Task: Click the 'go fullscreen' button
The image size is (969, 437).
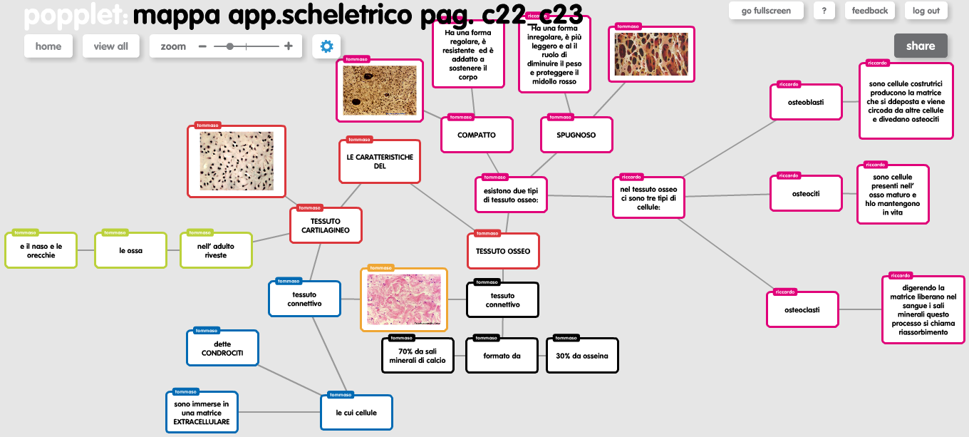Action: click(766, 11)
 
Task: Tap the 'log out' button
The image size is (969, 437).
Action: click(926, 11)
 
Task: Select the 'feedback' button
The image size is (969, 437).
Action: click(870, 11)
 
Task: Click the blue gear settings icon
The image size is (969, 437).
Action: click(326, 46)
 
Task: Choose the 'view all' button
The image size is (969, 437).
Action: click(110, 46)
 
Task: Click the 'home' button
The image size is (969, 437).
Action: click(48, 46)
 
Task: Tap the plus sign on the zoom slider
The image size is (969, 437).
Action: click(289, 46)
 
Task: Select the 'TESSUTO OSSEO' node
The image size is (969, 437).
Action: click(503, 251)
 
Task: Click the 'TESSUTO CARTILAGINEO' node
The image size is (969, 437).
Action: click(326, 226)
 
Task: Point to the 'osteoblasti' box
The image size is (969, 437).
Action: click(805, 102)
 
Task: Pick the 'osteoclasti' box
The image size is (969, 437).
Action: click(802, 309)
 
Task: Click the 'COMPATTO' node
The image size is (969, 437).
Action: click(477, 135)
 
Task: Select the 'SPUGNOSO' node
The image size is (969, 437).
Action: click(576, 135)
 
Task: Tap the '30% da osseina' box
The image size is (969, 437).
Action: click(582, 356)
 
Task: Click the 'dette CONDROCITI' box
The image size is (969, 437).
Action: click(222, 348)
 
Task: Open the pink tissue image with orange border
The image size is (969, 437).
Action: click(404, 299)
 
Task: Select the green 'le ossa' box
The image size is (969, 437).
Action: click(130, 250)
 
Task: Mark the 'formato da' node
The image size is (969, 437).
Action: click(502, 356)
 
